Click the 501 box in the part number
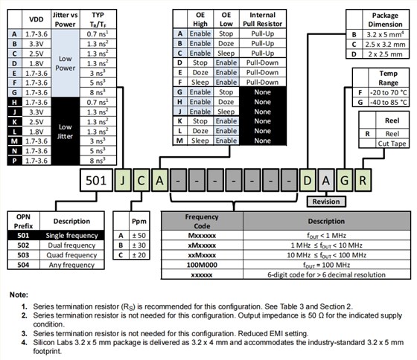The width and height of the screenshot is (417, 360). point(98,179)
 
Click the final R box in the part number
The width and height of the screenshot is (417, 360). point(360,179)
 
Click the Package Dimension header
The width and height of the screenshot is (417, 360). point(383,19)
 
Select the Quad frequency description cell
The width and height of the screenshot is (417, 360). point(71,255)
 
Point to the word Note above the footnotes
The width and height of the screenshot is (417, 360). point(19,295)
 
